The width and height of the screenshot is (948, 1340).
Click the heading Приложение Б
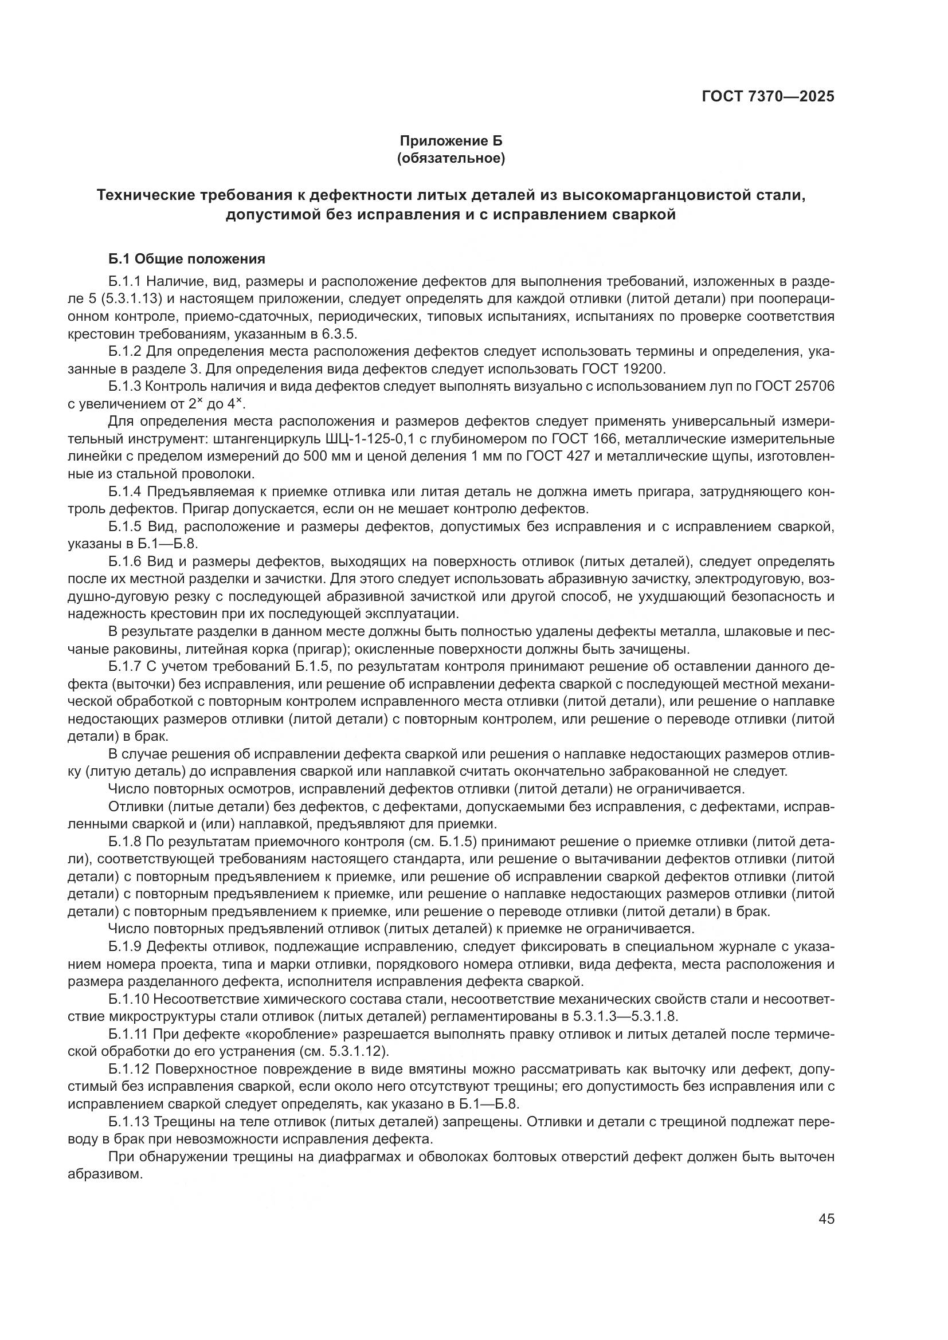pyautogui.click(x=450, y=141)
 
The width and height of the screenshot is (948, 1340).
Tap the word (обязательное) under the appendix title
pyautogui.click(x=450, y=158)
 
